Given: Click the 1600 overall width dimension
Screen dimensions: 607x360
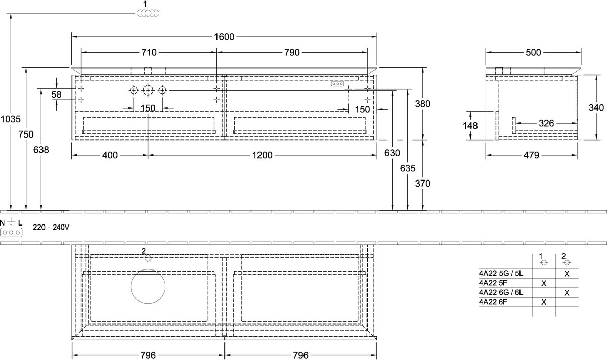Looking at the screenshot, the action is coord(224,37).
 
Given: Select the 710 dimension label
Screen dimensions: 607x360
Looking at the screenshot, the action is coord(149,52).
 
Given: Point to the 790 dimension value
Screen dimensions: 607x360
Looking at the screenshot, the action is coord(292,52).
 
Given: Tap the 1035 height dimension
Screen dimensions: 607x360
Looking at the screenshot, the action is coord(10,119).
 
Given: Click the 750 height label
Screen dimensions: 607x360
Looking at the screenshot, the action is coord(26,134).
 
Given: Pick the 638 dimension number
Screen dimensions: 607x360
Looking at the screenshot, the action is coord(41,150).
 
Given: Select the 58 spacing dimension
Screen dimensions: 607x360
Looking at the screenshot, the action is coord(56,94).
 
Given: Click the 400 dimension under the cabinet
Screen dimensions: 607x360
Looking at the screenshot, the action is coord(110,155).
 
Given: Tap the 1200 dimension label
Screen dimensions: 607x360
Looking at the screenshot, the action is coord(263,155).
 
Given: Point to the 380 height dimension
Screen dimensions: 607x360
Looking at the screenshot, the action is coord(423,104).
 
